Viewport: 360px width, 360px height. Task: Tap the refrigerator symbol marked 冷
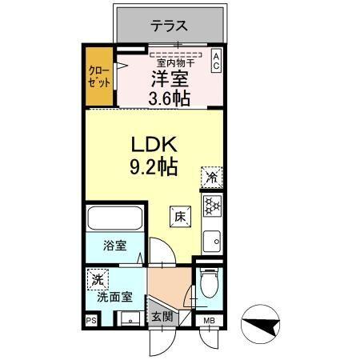[x=213, y=177]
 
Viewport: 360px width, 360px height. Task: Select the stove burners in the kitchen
[x=213, y=206]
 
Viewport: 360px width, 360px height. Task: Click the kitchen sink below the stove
[x=212, y=238]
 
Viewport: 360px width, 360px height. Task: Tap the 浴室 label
[x=114, y=246]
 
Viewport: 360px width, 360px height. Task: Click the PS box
[x=90, y=321]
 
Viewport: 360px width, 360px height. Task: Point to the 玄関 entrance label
[x=162, y=316]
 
